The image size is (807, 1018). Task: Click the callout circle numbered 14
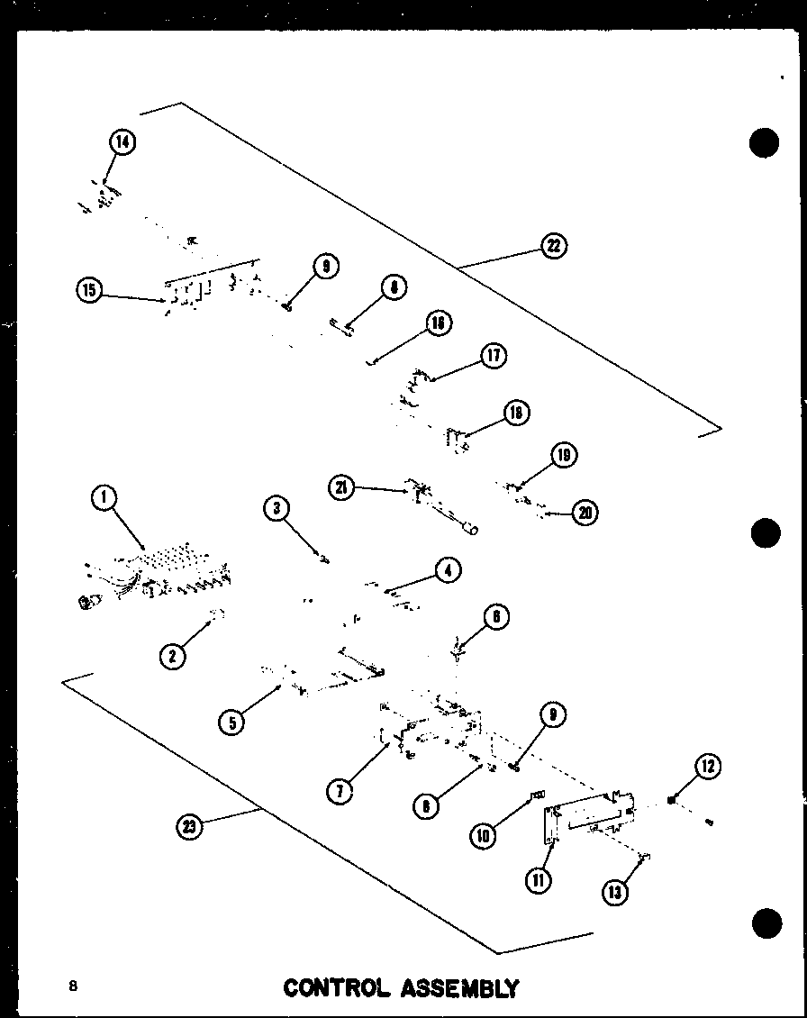point(122,142)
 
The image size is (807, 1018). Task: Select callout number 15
point(90,289)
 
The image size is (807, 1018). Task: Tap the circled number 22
point(554,246)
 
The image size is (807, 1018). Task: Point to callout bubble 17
point(494,355)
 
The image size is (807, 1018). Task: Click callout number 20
point(585,513)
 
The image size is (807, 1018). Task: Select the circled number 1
point(104,498)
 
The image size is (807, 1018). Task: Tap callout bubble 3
point(277,509)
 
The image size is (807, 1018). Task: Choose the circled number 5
point(232,722)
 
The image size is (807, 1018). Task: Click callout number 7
point(340,791)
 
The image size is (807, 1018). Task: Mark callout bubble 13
point(616,891)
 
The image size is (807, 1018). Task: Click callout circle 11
point(539,879)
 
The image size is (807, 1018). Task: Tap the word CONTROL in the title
point(334,988)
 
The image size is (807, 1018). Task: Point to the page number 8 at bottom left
point(73,986)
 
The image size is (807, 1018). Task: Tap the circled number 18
point(516,413)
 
